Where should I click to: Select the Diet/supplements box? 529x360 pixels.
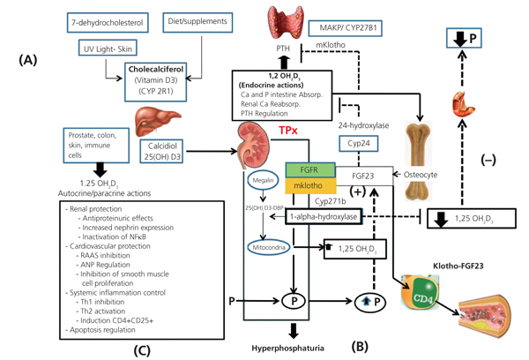pyautogui.click(x=194, y=19)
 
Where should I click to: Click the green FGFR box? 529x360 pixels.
pyautogui.click(x=308, y=168)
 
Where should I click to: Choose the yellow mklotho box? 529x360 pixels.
pyautogui.click(x=308, y=186)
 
